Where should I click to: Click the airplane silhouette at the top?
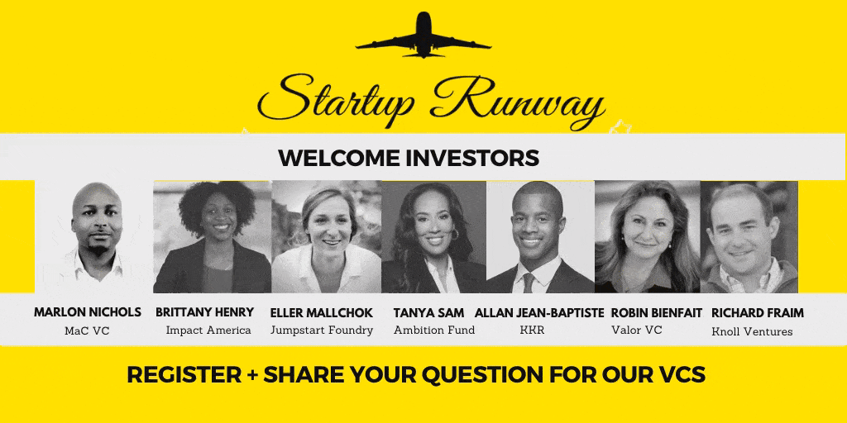(x=423, y=36)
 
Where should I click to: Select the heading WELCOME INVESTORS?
(x=409, y=158)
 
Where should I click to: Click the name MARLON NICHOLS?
(x=88, y=312)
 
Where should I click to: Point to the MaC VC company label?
(x=87, y=330)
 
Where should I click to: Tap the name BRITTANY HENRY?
(x=205, y=312)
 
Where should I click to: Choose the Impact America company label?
(x=208, y=330)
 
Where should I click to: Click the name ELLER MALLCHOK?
(x=322, y=313)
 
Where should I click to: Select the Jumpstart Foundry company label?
(x=322, y=330)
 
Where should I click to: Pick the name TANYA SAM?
(x=429, y=313)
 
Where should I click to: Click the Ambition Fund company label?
(x=434, y=330)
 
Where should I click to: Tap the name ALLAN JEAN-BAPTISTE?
(x=539, y=313)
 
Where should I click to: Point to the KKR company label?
(x=532, y=330)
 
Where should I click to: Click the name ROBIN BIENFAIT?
(x=656, y=313)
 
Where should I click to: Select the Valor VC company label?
(x=637, y=330)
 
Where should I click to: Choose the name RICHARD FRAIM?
(x=758, y=313)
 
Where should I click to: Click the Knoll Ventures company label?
(x=752, y=332)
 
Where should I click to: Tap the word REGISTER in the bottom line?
(x=184, y=374)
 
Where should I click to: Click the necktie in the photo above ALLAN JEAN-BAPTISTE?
(x=529, y=283)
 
